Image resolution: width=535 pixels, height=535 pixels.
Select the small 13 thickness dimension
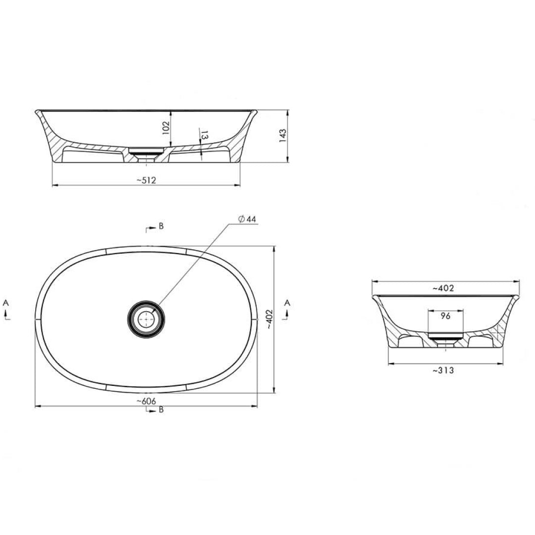click(x=205, y=135)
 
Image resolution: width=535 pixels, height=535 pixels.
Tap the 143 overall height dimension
click(x=283, y=135)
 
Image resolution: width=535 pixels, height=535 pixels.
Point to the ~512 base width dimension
click(x=146, y=180)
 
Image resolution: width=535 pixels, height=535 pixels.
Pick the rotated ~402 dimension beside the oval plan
click(x=269, y=320)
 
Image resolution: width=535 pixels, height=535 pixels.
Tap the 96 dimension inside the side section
click(x=445, y=316)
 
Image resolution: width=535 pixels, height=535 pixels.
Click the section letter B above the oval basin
click(x=161, y=226)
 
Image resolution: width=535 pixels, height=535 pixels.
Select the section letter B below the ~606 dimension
click(x=161, y=410)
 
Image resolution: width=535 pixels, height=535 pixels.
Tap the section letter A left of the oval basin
click(x=6, y=302)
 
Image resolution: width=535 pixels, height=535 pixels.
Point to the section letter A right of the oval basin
click(x=287, y=302)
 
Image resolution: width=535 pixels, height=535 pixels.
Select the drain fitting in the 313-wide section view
click(x=445, y=339)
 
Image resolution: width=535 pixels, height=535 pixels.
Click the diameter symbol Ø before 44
click(x=240, y=219)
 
